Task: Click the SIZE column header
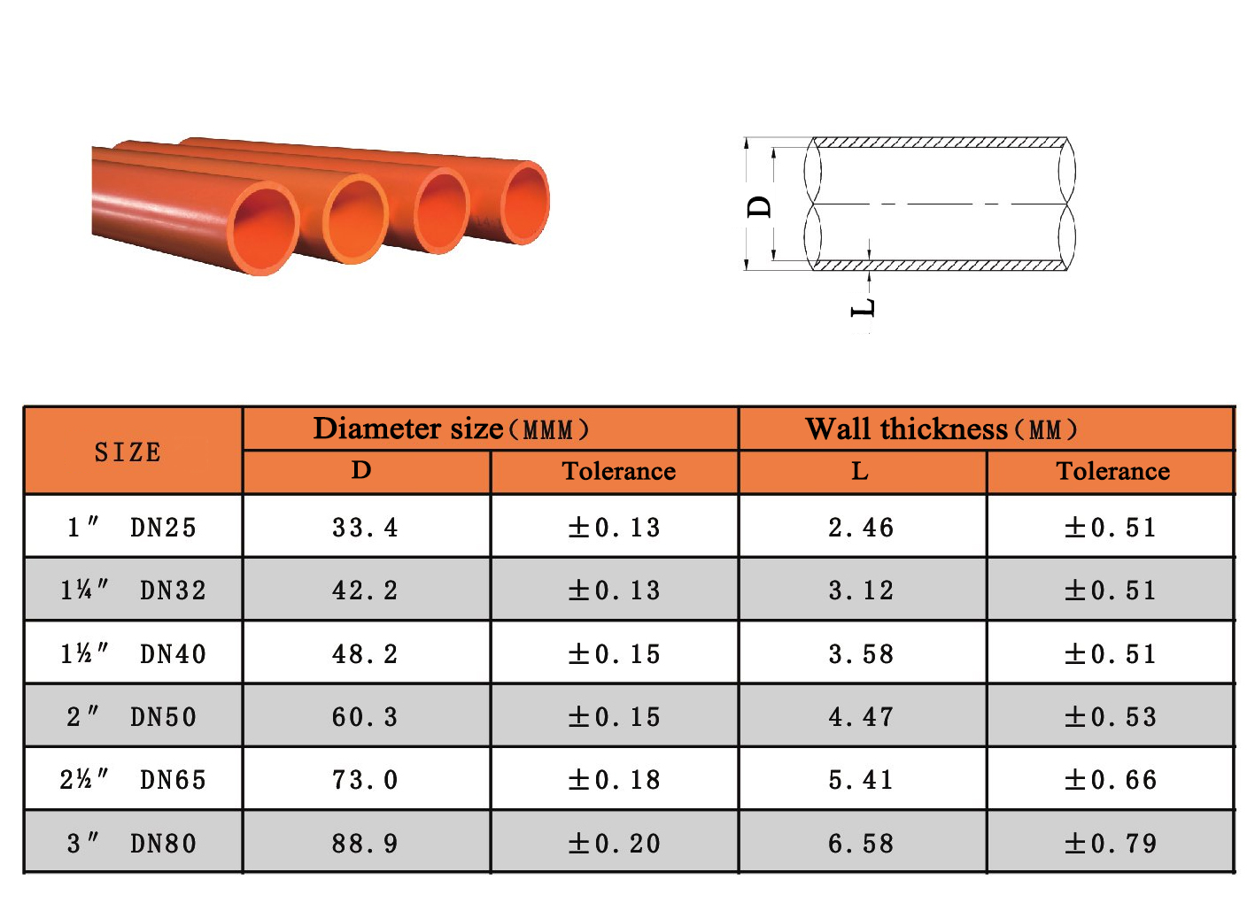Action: (128, 451)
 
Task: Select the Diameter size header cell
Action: (451, 429)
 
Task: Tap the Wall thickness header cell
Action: (941, 429)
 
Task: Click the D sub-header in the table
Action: (361, 470)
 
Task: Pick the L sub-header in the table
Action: (860, 471)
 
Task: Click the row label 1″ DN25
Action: (132, 528)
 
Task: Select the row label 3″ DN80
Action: (132, 844)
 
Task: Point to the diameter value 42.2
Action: (365, 590)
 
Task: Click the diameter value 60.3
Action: (365, 717)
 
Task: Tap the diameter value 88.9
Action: (365, 844)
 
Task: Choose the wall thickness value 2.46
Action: (861, 528)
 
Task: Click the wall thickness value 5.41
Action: (861, 780)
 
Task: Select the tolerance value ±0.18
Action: (615, 780)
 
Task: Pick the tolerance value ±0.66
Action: (1111, 780)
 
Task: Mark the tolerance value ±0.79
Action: (1111, 844)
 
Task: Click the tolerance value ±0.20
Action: (615, 844)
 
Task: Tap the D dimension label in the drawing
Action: (760, 207)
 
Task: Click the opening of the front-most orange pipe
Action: (264, 228)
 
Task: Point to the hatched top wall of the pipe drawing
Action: (939, 143)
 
